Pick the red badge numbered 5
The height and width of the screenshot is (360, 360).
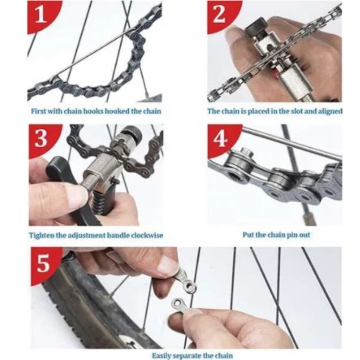click(44, 263)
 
